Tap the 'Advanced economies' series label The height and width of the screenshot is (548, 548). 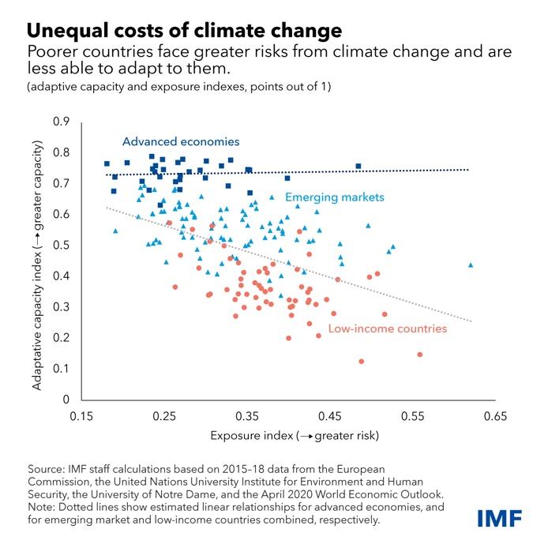click(x=180, y=142)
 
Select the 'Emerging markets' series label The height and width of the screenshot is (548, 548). click(x=334, y=197)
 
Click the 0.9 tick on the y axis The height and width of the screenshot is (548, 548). click(x=62, y=122)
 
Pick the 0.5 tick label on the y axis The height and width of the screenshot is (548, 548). click(x=62, y=245)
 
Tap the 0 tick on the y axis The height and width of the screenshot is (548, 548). click(x=66, y=400)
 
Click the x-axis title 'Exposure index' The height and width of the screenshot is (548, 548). click(x=295, y=435)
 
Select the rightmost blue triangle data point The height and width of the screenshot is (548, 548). click(x=471, y=265)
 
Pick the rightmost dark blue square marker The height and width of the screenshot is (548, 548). click(x=358, y=167)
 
